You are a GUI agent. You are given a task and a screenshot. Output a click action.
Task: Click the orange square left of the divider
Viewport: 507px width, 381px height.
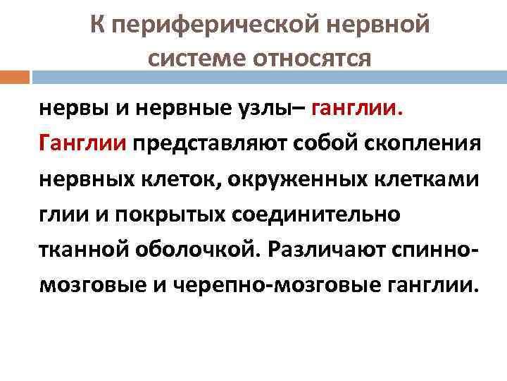(15, 75)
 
